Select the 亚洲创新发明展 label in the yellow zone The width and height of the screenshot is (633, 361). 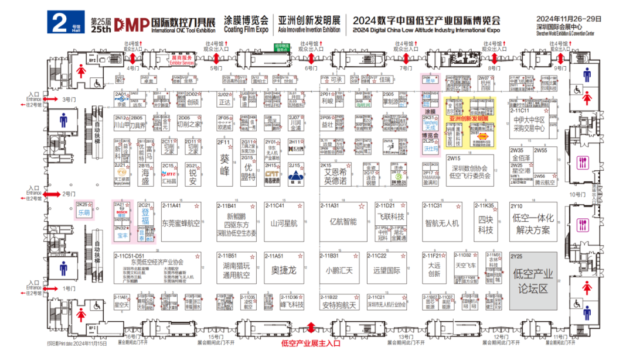point(468,118)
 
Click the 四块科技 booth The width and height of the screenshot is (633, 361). point(485,225)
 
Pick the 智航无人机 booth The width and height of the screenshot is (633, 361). point(442,223)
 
